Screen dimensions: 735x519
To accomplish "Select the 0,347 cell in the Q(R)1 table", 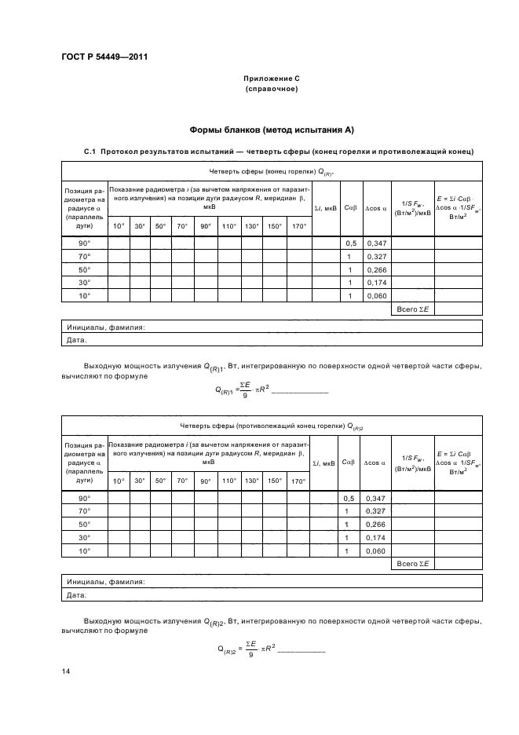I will coord(375,243).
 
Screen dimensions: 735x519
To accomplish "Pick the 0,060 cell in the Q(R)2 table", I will coord(375,552).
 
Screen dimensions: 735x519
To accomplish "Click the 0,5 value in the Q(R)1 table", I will coord(351,243).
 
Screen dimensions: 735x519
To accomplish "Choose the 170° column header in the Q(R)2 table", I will coord(298,481).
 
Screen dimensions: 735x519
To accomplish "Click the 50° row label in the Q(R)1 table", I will coord(83,269).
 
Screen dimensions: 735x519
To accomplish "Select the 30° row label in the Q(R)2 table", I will coord(83,538).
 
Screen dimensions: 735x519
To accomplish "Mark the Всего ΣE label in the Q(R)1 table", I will coord(412,310).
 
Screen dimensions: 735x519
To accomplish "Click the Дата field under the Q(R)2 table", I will coord(76,595).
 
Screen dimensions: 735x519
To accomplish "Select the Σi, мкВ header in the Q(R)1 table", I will coord(325,208).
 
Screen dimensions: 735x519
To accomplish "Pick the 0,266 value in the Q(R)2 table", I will coord(375,525).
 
